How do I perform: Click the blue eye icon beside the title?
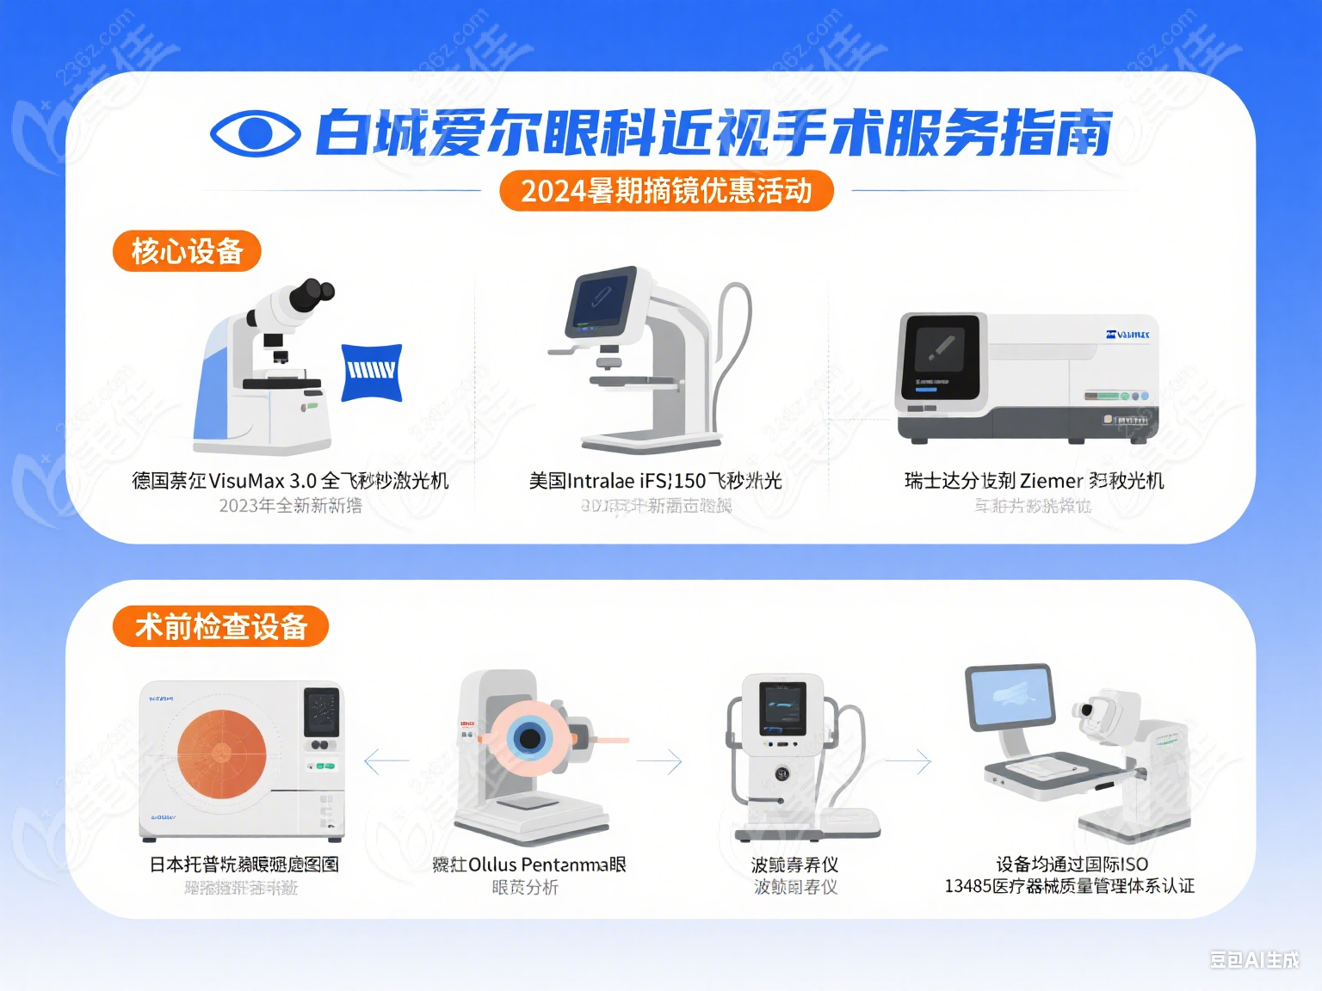255,133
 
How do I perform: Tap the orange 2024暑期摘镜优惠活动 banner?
666,190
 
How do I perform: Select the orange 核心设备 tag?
187,251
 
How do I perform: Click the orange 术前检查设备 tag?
221,626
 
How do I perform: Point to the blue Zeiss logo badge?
372,372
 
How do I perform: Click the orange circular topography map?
222,754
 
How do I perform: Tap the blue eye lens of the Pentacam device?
528,738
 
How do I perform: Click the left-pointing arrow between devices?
386,761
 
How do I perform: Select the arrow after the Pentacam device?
659,761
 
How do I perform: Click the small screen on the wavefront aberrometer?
782,707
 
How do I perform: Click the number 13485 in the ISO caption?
967,886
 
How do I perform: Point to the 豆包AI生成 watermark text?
1254,960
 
